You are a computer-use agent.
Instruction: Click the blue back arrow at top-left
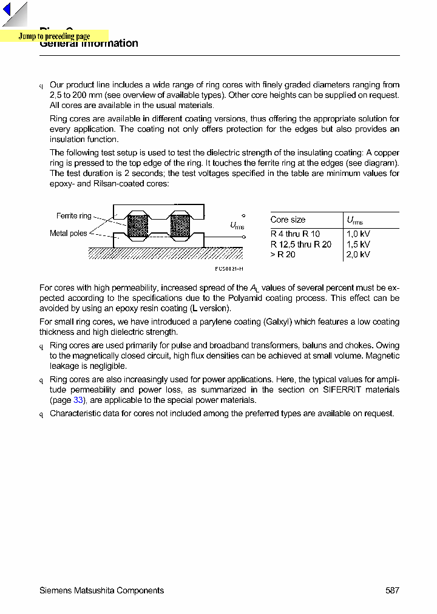tap(7, 10)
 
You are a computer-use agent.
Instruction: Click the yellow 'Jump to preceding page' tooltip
tap(54, 36)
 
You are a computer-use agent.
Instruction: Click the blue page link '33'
tap(78, 400)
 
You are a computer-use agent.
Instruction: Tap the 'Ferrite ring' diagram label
tap(73, 216)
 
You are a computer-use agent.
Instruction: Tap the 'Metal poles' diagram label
tap(68, 234)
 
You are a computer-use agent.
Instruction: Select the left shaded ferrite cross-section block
tap(138, 226)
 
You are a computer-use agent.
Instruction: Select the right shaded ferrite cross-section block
tap(180, 226)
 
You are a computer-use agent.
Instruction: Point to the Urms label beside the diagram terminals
tap(237, 226)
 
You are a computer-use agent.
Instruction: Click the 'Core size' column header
tap(288, 220)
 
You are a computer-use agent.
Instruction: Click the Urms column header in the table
tap(354, 220)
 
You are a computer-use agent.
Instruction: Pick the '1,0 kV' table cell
tap(358, 234)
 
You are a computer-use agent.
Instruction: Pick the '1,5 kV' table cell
tap(358, 245)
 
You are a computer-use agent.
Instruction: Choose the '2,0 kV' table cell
tap(358, 255)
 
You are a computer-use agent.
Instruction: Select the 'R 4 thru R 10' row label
tap(295, 234)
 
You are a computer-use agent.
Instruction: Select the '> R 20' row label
tap(283, 255)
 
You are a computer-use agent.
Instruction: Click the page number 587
tap(392, 590)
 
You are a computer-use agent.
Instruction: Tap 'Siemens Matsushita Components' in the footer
tap(101, 590)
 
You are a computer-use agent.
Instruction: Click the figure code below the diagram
tap(229, 269)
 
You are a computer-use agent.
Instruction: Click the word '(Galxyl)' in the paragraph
tap(280, 322)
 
